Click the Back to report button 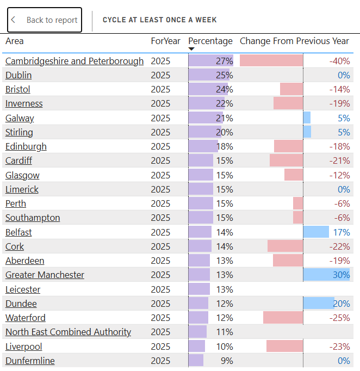tap(45, 20)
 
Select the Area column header tap(15, 41)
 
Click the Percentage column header tap(210, 41)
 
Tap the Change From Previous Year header tap(294, 41)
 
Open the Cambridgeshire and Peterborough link tap(75, 61)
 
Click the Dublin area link tap(18, 75)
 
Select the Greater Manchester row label tap(45, 275)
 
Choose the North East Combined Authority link tap(68, 332)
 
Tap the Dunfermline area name tap(30, 361)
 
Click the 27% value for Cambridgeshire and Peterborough tap(224, 61)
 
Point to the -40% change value tap(339, 61)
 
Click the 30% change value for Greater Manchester tap(341, 275)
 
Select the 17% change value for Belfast tap(342, 232)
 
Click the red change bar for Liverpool tap(284, 347)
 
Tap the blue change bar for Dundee tap(318, 304)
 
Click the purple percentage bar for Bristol tap(204, 89)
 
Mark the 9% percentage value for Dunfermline tap(226, 361)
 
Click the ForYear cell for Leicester tap(160, 289)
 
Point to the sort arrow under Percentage tap(191, 49)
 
